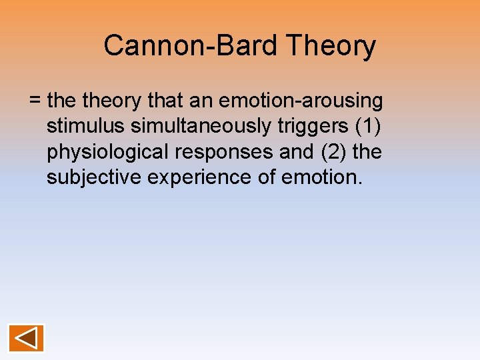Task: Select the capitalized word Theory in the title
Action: coord(331,46)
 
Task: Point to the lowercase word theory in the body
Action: coord(113,101)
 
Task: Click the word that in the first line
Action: coord(166,101)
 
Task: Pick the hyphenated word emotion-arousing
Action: coord(301,101)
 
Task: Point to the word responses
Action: coord(224,152)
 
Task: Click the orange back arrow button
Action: coord(26,338)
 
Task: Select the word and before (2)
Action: coord(295,152)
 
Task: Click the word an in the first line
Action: coord(203,101)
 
